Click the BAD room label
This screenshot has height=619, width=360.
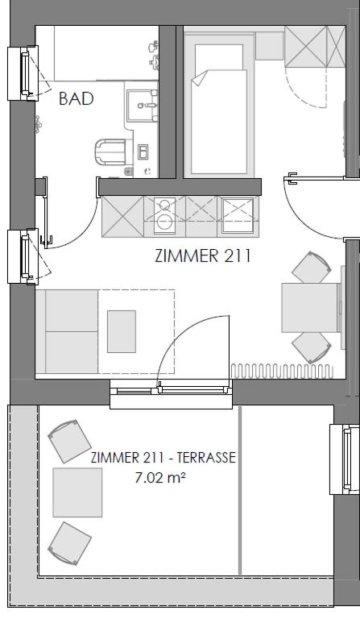coord(76,98)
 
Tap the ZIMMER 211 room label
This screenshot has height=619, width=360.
coord(203,255)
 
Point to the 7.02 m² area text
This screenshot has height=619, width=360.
coord(160,478)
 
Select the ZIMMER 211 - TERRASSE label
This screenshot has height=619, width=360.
coord(163,458)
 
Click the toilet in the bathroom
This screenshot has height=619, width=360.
coord(110,152)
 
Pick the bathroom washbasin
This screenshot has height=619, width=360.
coord(142,105)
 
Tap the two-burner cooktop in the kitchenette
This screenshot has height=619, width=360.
coord(164,215)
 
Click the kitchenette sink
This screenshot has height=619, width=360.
coord(238,215)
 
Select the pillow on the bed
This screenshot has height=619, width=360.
coord(219,57)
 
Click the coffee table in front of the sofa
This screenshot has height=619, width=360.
coord(122,331)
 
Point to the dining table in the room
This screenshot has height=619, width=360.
coord(310,308)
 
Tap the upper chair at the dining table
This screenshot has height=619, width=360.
coord(311,268)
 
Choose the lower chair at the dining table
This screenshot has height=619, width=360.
coord(312,347)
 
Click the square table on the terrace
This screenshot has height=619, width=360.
coord(77,492)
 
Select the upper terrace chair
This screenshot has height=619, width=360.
coord(69,441)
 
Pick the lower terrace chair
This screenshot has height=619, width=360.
coord(69,543)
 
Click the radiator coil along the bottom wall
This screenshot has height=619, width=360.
coord(282,372)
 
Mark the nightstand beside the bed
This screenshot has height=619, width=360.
coord(269,46)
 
